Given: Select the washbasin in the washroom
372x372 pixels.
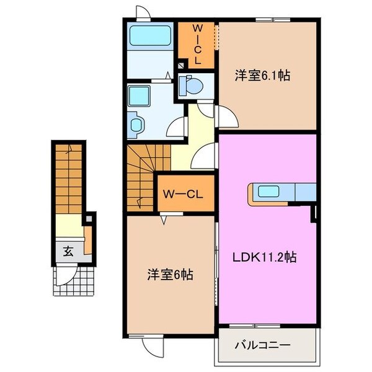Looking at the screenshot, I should [136, 123].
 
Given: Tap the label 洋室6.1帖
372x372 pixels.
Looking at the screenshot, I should [262, 76].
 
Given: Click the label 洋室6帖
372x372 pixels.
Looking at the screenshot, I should [169, 273].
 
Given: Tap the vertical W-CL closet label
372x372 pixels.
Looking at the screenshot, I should [197, 45].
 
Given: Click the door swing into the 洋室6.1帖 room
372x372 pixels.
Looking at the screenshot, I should [226, 116].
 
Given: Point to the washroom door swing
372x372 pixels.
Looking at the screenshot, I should [179, 127].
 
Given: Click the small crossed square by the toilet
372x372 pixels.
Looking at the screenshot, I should [180, 64].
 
